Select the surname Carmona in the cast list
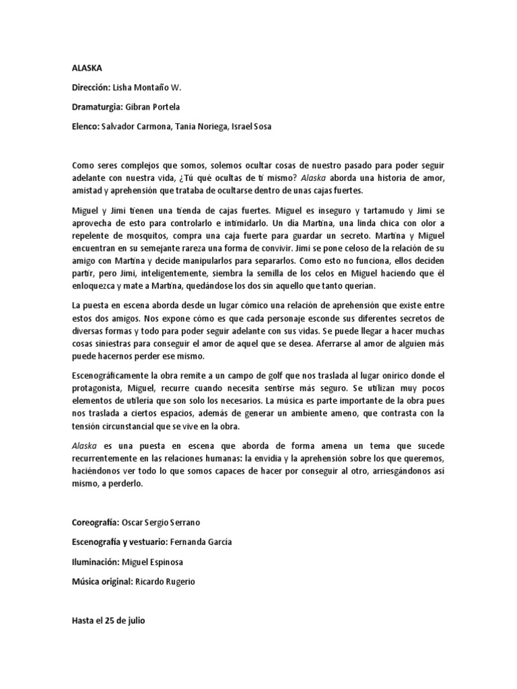pos(154,126)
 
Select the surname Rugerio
pos(178,581)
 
